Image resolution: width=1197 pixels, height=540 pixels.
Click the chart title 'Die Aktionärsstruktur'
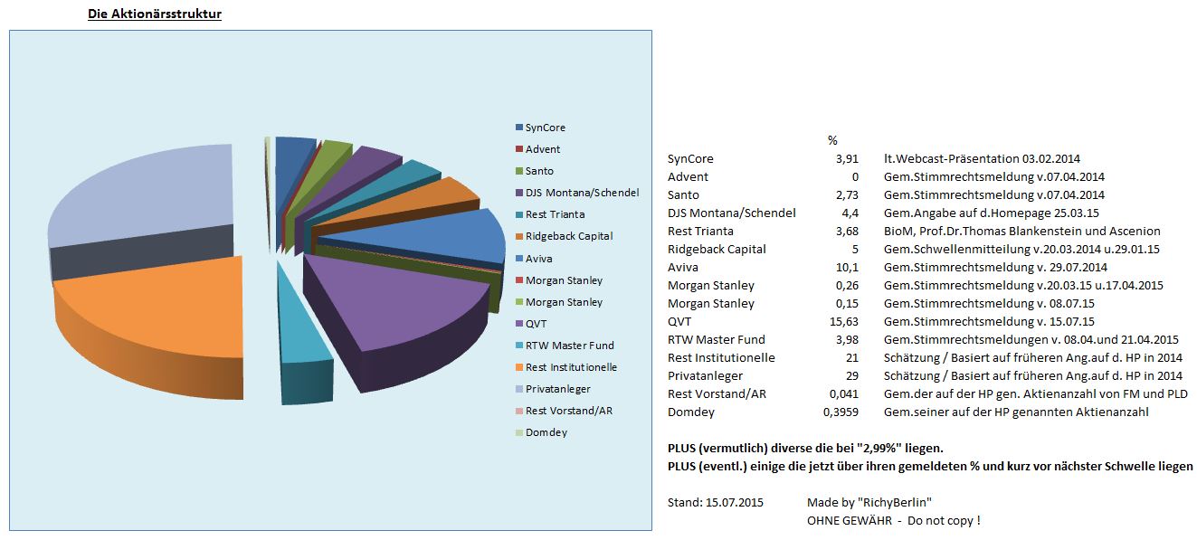(x=155, y=14)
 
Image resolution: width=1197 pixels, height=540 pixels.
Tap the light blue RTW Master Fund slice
(x=301, y=335)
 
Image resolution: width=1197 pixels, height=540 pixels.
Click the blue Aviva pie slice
(x=452, y=237)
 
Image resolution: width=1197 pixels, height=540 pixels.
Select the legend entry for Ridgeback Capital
(x=564, y=236)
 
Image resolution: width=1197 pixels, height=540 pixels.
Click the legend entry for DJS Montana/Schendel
(x=576, y=193)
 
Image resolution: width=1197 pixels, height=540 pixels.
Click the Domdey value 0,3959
(x=838, y=412)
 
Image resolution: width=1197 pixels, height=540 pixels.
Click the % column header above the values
(x=832, y=140)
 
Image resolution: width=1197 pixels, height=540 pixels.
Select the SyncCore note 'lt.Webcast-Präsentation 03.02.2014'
(x=982, y=158)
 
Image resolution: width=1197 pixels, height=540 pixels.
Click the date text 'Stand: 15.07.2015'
(x=715, y=502)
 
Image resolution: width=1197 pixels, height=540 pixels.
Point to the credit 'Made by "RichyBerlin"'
(x=869, y=502)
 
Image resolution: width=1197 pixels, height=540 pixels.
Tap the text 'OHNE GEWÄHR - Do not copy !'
(x=893, y=520)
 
